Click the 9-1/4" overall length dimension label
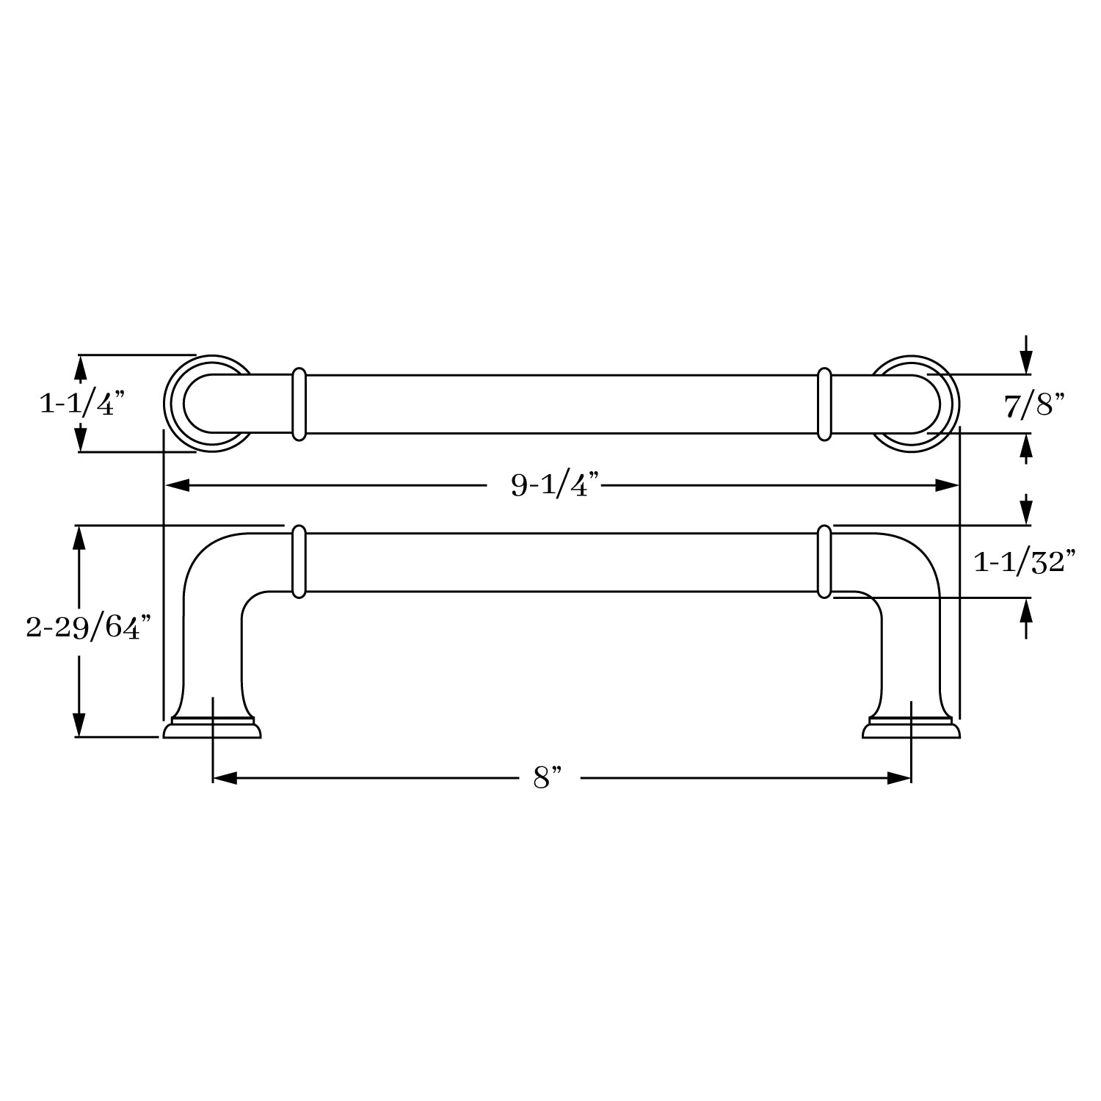(x=556, y=485)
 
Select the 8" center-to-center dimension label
(x=548, y=778)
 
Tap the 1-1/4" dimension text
(x=82, y=403)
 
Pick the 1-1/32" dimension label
(x=1025, y=562)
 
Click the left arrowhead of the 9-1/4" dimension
(x=176, y=485)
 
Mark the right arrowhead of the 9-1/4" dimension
(x=946, y=485)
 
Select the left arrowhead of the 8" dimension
(x=225, y=778)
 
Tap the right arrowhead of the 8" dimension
(x=898, y=778)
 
